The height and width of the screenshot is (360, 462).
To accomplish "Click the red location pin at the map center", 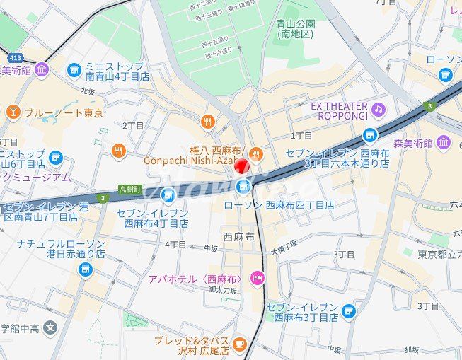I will tap(241, 168).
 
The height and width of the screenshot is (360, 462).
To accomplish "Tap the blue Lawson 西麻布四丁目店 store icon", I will tap(243, 187).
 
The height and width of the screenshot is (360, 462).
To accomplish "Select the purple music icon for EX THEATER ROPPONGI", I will tap(379, 109).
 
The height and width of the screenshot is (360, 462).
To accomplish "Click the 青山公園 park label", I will tap(296, 28).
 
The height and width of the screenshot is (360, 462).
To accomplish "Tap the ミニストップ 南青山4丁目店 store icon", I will tap(74, 69).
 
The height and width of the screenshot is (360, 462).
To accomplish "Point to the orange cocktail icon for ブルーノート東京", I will tap(13, 112).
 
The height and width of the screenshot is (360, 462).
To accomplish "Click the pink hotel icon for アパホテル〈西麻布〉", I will tap(256, 279).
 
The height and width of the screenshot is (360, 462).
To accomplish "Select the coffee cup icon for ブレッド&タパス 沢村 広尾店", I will tap(240, 344).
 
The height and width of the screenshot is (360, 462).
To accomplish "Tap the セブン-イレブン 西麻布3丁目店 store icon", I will tap(347, 311).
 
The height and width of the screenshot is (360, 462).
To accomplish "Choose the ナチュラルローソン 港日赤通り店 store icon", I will tap(86, 269).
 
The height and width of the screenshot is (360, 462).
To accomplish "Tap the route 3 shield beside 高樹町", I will tap(103, 197).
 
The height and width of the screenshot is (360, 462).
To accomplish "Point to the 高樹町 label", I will tap(130, 190).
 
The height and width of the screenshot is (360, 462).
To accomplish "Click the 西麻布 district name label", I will tap(238, 238).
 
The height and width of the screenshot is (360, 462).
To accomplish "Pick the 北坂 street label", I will tap(87, 91).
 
